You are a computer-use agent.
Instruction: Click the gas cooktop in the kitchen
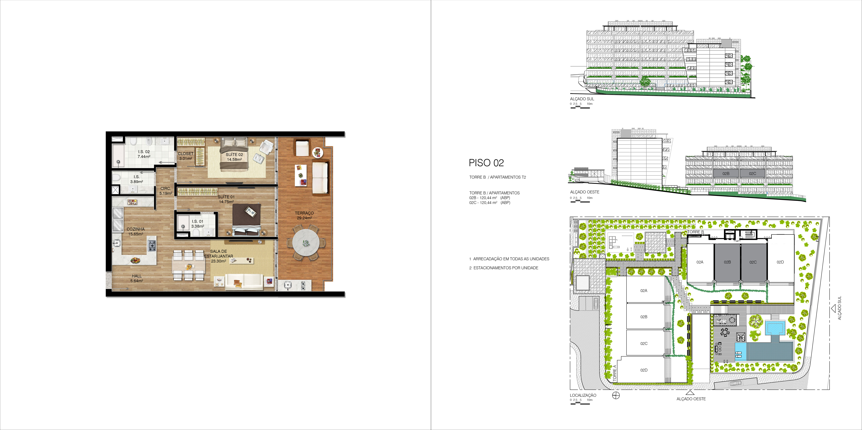(x=152, y=246)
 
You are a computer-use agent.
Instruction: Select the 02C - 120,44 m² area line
(x=490, y=202)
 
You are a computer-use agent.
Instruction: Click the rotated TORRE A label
(x=614, y=373)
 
